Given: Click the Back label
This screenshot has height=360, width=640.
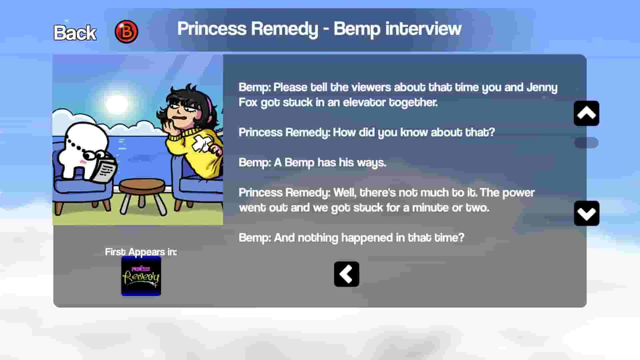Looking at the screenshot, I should point(75,33).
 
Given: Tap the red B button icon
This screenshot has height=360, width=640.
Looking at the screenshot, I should point(126,32).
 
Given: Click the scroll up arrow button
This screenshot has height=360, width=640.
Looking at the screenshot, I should point(586,113).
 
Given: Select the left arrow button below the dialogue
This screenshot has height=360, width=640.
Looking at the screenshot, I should point(346,274).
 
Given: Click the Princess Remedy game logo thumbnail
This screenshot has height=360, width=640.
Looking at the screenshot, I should point(141,276).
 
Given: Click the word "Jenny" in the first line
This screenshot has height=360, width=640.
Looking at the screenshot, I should point(542,87).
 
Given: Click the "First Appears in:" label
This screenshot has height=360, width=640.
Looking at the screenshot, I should point(141,252).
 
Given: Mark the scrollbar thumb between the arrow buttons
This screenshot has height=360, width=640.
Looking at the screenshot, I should point(586,143).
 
